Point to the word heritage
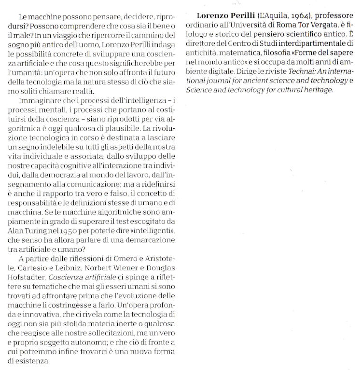(316, 90)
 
